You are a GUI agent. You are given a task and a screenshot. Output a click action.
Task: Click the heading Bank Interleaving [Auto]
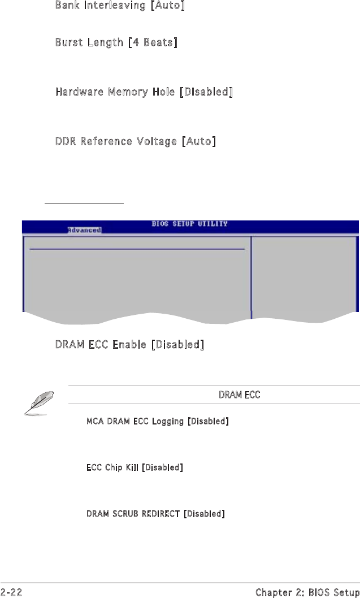(x=120, y=6)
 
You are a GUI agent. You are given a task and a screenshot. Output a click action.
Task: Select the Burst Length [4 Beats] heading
(x=116, y=42)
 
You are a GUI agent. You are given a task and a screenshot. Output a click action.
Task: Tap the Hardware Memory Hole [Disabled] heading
(x=144, y=92)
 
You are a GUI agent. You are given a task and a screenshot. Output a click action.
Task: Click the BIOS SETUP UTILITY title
(x=189, y=224)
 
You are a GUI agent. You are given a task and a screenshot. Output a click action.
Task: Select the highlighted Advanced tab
(x=84, y=230)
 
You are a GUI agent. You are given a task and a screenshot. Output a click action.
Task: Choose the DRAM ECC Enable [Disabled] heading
(x=129, y=344)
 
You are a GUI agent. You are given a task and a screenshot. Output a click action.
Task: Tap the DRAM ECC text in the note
(x=239, y=395)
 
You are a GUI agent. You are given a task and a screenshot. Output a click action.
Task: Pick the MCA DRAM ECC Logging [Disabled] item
(x=157, y=422)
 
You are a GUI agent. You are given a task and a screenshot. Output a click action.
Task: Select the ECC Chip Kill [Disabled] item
(x=134, y=467)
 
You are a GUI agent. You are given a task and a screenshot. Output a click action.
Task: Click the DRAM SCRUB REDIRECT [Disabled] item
(x=155, y=514)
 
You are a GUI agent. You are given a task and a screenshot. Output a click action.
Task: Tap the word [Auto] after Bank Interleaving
(x=167, y=6)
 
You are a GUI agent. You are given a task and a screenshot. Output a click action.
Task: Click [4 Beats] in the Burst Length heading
(x=153, y=42)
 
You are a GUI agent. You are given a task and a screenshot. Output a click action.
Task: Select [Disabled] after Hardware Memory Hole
(x=206, y=92)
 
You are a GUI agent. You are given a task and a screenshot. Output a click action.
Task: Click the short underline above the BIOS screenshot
(x=84, y=202)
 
